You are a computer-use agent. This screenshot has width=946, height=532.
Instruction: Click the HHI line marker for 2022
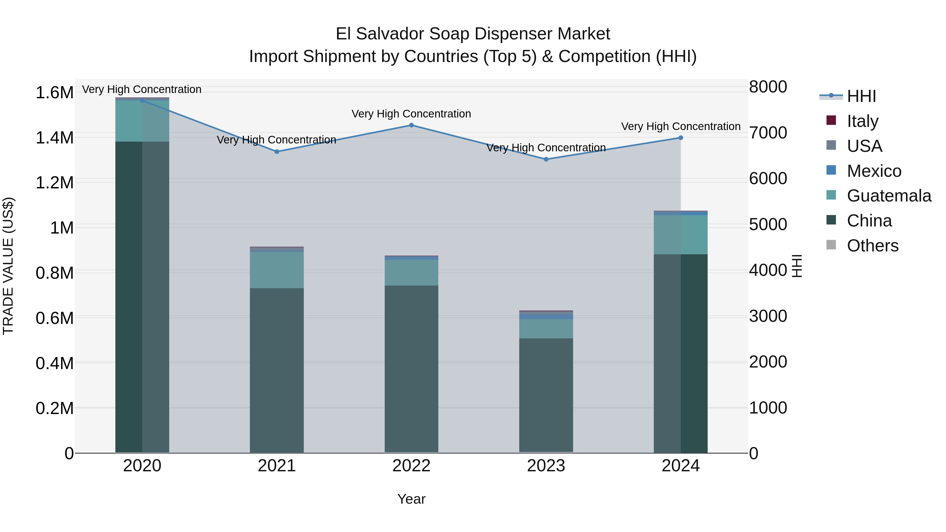point(411,125)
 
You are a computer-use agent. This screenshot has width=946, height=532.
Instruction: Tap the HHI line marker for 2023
point(546,159)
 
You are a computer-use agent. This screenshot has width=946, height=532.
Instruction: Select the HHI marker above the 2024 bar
point(681,138)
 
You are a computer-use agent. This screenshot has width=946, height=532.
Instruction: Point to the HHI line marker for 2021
point(277,152)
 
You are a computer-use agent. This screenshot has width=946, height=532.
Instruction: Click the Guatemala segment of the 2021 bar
point(277,270)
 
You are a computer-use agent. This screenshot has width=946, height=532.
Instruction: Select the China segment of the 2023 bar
point(546,395)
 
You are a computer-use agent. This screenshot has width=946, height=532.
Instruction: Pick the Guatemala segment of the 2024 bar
point(681,235)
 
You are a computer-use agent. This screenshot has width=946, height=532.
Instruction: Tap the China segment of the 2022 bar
point(411,369)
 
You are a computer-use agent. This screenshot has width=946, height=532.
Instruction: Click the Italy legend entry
point(862,121)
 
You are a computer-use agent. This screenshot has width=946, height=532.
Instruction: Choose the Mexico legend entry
point(874,171)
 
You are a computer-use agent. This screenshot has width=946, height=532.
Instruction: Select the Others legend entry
point(872,246)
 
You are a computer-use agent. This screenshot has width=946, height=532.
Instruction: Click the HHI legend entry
point(861,96)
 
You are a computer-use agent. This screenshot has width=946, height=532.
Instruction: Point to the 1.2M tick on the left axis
point(55,183)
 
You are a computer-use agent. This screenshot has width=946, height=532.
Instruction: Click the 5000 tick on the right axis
point(768,224)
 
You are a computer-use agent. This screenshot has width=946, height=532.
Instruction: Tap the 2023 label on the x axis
point(546,466)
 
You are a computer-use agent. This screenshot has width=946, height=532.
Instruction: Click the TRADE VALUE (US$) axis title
point(8,266)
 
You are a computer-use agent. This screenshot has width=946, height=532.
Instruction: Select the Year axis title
point(411,499)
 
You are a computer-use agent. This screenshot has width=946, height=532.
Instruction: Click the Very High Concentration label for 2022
point(411,114)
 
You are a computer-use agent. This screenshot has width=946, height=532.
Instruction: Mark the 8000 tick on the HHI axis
point(768,87)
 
